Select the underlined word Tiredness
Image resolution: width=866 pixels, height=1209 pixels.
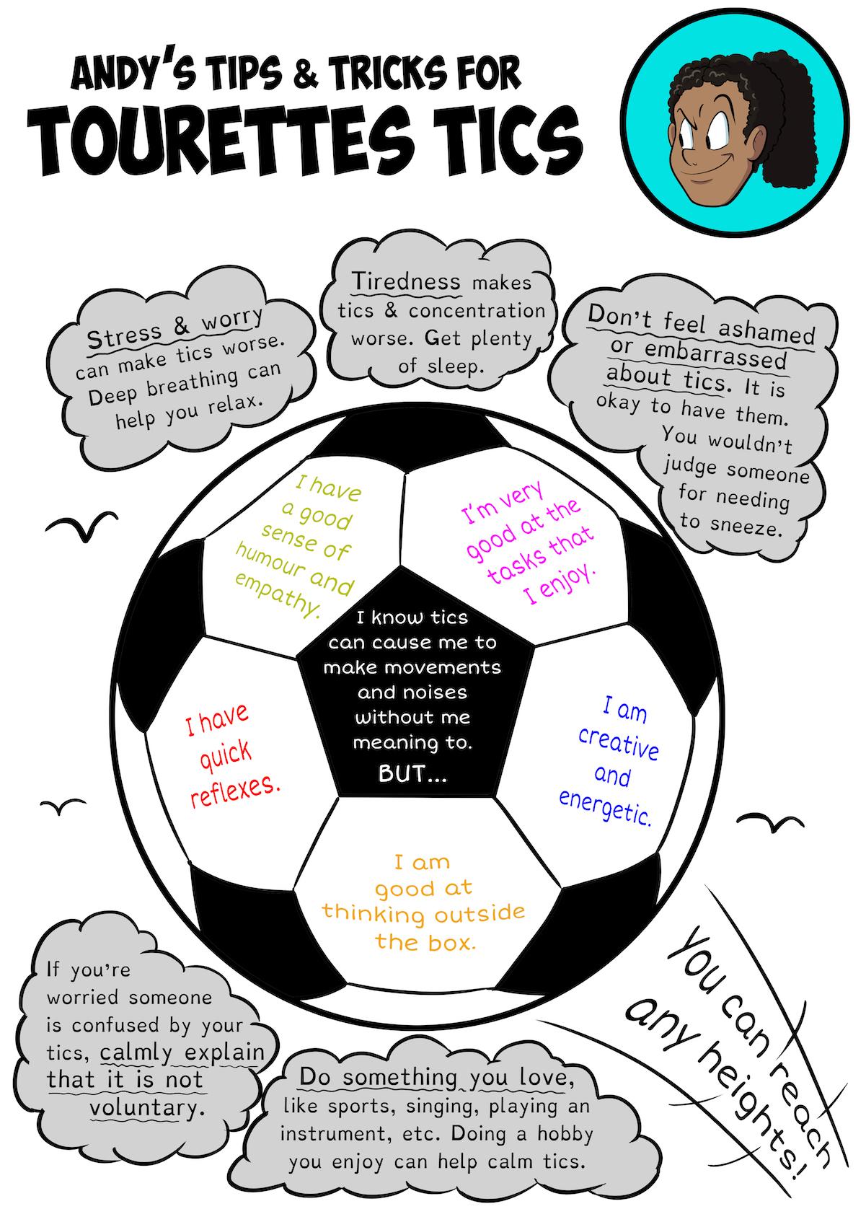[406, 281]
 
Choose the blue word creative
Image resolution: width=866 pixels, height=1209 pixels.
[619, 743]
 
